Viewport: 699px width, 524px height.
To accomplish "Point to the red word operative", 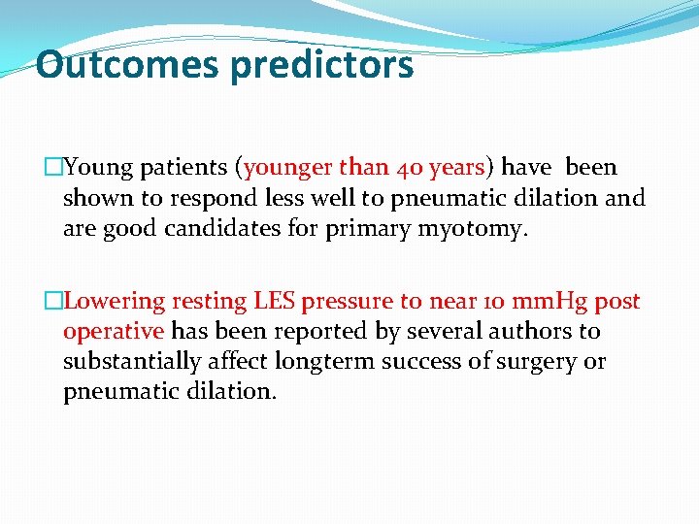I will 114,332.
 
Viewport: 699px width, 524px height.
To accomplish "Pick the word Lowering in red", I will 115,302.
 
